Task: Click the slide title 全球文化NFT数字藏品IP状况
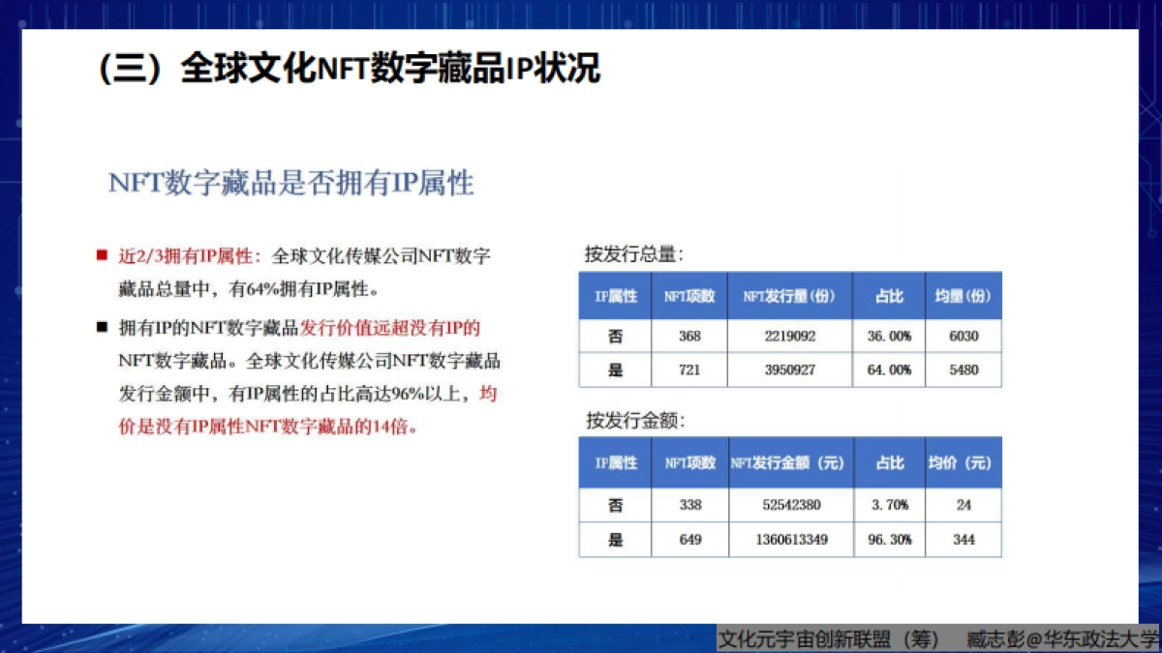(349, 70)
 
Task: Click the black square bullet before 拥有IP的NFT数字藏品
(101, 327)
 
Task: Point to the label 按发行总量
(634, 254)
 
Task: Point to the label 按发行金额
(634, 421)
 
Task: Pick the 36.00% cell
(888, 336)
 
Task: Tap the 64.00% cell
(888, 370)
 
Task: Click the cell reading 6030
(963, 336)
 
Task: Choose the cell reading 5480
(963, 370)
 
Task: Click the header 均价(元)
(963, 463)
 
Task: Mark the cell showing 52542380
(791, 505)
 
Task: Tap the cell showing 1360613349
(791, 540)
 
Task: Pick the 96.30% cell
(889, 540)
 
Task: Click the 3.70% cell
(889, 505)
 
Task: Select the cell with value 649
(690, 540)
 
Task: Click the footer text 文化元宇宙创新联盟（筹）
(828, 639)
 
